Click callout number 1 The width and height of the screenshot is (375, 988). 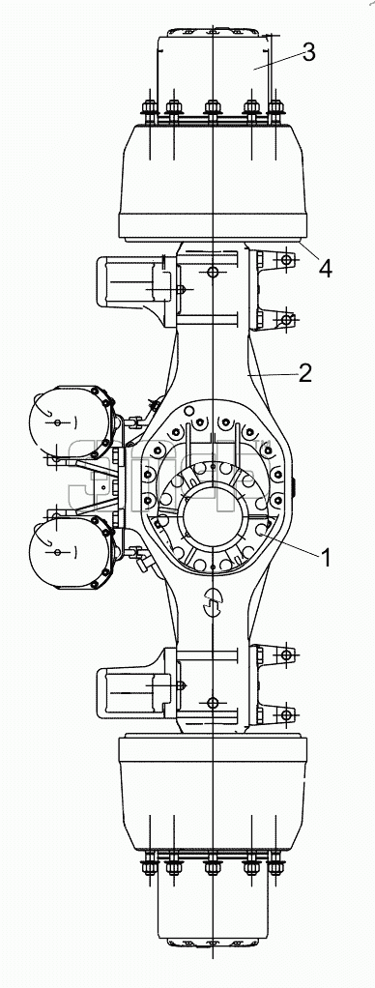pyautogui.click(x=326, y=557)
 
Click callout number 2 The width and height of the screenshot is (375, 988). pyautogui.click(x=305, y=374)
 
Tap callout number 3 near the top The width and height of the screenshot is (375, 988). pyautogui.click(x=308, y=52)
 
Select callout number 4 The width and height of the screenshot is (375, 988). pyautogui.click(x=325, y=269)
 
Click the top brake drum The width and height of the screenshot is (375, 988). pyautogui.click(x=213, y=183)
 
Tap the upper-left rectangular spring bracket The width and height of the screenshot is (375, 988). pyautogui.click(x=135, y=290)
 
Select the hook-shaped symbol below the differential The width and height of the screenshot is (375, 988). pyautogui.click(x=213, y=602)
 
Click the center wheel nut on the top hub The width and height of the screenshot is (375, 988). pyautogui.click(x=213, y=110)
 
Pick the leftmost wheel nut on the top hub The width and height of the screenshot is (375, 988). pyautogui.click(x=150, y=110)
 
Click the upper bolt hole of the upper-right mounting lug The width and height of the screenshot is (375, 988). pyautogui.click(x=287, y=260)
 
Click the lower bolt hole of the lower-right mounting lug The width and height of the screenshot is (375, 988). pyautogui.click(x=287, y=714)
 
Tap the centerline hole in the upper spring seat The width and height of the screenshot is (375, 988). pyautogui.click(x=213, y=273)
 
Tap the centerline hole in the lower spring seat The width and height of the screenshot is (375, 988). pyautogui.click(x=213, y=702)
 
